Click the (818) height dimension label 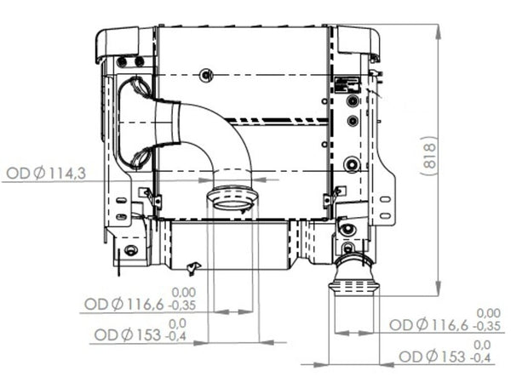[x=429, y=156]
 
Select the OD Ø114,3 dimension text [x=46, y=174]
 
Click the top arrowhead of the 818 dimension [x=439, y=31]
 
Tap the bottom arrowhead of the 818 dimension [x=439, y=288]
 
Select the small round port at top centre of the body [x=206, y=75]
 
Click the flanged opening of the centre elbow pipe [x=233, y=198]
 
